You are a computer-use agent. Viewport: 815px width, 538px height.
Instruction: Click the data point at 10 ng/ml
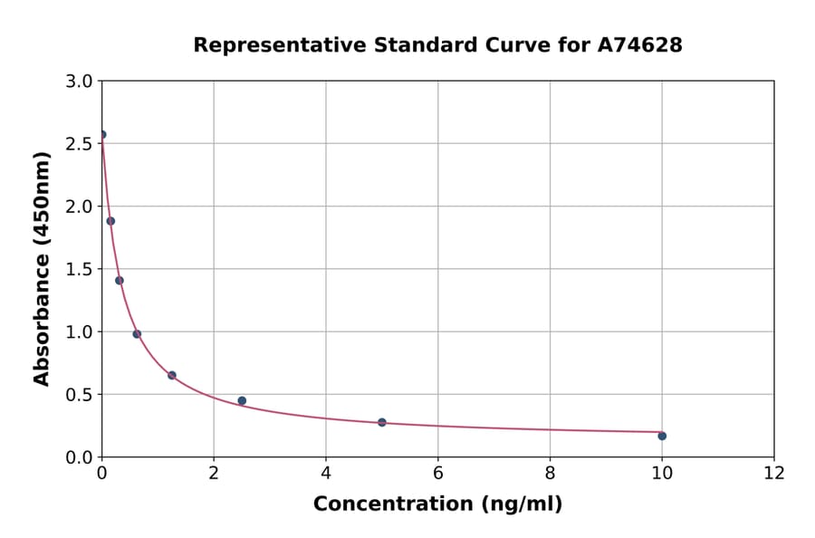(662, 436)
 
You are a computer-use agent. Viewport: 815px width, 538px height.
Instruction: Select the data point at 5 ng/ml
(382, 422)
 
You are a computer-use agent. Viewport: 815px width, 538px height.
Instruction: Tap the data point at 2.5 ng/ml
(242, 400)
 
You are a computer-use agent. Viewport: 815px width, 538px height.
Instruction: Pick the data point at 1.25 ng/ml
(172, 375)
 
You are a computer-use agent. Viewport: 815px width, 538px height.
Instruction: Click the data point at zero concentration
(102, 135)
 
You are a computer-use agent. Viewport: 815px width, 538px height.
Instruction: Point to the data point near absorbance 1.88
(110, 221)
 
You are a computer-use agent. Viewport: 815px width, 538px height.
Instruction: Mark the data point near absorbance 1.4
(120, 281)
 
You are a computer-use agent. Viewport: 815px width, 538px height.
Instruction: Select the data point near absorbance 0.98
(137, 334)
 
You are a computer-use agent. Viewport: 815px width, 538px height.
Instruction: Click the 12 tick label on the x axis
(773, 473)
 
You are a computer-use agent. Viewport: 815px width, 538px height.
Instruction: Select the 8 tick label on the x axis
(550, 473)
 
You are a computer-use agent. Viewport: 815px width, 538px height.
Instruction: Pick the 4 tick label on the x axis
(326, 473)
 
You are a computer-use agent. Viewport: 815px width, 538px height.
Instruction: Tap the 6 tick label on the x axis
(437, 473)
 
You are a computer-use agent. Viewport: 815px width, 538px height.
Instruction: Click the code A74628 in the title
(639, 44)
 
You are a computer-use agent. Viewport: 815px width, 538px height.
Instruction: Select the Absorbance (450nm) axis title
(42, 268)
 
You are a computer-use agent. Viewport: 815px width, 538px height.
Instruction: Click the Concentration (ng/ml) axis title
(437, 504)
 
